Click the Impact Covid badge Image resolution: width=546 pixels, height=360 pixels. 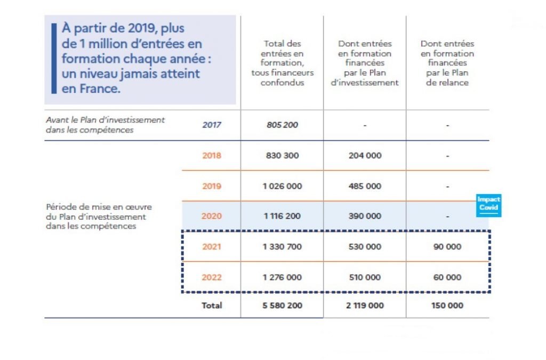point(488,205)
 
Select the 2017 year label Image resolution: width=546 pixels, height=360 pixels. point(212,125)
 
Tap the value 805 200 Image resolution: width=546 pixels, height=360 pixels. point(283,125)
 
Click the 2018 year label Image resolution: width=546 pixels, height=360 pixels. point(212,156)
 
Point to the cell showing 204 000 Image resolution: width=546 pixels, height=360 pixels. point(365,156)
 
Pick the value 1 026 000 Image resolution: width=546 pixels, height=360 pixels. point(283,186)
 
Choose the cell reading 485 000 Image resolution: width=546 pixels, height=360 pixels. point(365,186)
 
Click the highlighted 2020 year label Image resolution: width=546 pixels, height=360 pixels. point(212,216)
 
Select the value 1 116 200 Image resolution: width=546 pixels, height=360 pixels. point(283,216)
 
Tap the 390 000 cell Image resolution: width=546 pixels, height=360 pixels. point(365,216)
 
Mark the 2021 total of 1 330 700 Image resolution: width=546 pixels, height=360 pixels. point(283,247)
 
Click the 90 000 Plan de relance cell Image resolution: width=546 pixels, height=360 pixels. point(447,247)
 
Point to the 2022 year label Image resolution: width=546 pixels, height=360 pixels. point(212,277)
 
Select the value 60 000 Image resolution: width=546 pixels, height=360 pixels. point(447,277)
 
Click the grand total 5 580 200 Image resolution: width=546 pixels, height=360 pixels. point(283,306)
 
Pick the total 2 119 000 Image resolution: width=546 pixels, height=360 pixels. point(365,306)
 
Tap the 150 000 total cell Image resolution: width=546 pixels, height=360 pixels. point(447,306)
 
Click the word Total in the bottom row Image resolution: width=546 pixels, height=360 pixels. point(212,306)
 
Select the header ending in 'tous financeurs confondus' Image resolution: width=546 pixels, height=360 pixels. point(283,63)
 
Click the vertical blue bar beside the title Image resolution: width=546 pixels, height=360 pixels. point(54,59)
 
